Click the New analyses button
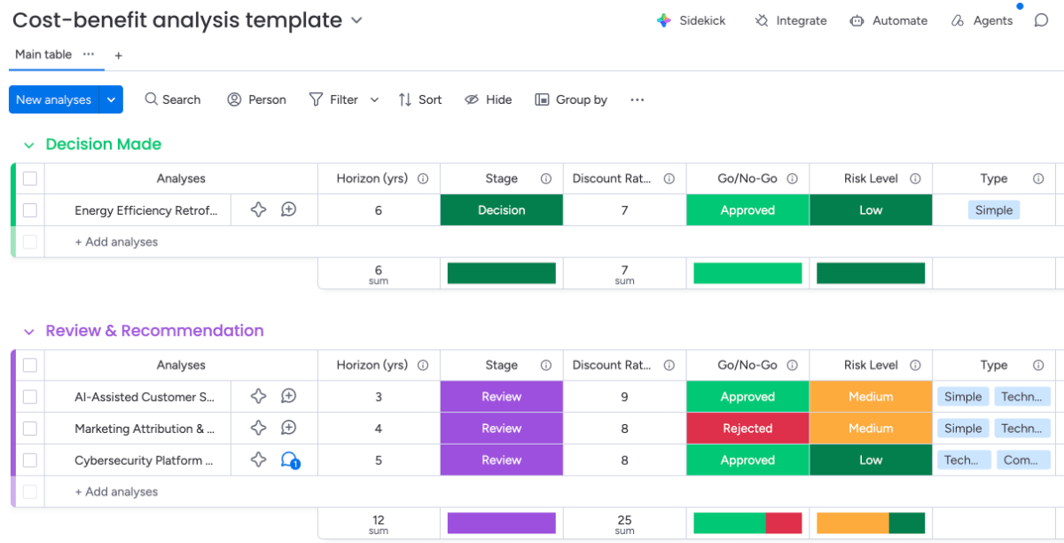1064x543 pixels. click(54, 99)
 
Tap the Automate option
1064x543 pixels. click(888, 20)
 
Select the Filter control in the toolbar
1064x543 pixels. click(334, 99)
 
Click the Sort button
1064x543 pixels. click(420, 99)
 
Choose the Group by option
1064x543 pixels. click(571, 99)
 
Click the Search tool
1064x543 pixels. click(173, 99)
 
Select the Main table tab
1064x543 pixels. click(43, 54)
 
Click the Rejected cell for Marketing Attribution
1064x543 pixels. click(747, 428)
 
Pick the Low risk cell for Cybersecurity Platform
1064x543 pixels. click(871, 460)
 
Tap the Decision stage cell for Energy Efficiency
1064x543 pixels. click(502, 209)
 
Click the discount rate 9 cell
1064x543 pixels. click(624, 397)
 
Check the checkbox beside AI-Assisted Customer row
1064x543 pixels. click(30, 397)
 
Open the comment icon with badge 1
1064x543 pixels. click(290, 460)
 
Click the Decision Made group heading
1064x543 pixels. click(104, 144)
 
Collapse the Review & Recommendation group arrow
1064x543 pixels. click(29, 332)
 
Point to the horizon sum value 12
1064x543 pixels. click(379, 520)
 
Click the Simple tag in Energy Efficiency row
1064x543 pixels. click(994, 209)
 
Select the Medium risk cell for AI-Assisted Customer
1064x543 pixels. click(871, 397)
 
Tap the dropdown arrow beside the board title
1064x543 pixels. click(356, 20)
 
